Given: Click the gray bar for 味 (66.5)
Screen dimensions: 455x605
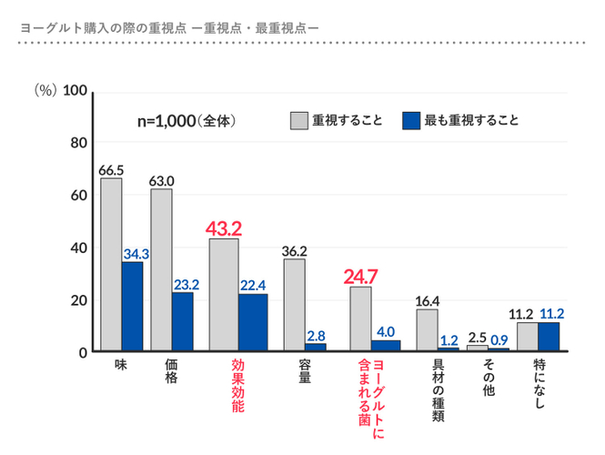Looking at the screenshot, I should point(111,264).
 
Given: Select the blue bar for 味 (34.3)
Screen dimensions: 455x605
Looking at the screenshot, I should point(133,306).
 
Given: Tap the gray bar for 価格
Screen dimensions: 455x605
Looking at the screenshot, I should point(161,269).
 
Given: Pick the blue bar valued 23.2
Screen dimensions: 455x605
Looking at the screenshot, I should point(183,321).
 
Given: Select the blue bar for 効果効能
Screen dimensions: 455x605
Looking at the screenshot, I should point(253,322).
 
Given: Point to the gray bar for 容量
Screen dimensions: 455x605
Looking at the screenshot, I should point(294,305).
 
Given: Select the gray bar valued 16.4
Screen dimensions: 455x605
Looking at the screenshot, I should point(427,329).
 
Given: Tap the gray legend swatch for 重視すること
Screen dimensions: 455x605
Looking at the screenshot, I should point(298,120).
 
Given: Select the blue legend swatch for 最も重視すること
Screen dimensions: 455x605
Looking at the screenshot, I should point(410,120).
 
